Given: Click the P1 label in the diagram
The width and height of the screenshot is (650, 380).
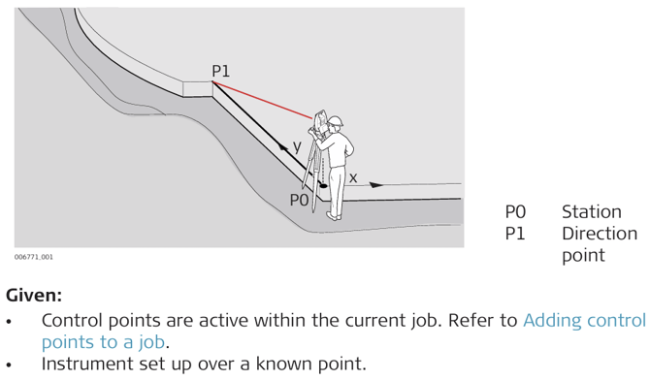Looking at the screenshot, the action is tap(220, 72).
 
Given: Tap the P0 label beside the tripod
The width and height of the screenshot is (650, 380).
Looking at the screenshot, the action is tap(299, 201).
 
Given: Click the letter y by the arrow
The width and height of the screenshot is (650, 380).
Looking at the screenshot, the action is tap(297, 146).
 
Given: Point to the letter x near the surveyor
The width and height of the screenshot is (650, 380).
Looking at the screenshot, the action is tap(353, 178).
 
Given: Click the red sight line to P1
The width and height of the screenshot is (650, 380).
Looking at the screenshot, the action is tap(262, 100).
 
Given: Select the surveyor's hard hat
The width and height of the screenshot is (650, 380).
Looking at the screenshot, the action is tap(336, 121).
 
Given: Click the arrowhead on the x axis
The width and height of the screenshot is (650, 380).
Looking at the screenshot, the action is tap(376, 185).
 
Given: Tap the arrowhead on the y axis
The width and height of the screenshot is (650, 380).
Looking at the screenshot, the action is tap(284, 146).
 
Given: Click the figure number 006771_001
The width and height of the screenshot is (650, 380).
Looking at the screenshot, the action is tap(34, 257).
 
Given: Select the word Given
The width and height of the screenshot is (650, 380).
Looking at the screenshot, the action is tap(34, 296).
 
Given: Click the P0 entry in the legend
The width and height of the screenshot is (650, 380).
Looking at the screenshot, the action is tap(515, 212).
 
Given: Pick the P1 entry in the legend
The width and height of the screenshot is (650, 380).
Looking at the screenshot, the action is tap(515, 234).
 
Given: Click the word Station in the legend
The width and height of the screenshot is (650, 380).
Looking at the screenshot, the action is tap(592, 212).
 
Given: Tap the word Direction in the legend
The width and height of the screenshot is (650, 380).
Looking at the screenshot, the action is tap(600, 234).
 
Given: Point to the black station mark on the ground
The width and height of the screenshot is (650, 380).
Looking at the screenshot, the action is tap(323, 186).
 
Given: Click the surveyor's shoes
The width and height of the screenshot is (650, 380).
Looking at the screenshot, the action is tap(334, 216).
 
